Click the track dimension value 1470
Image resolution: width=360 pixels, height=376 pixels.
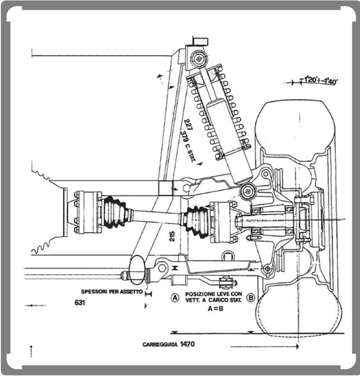click(187, 344)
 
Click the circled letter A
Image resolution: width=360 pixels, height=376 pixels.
click(174, 298)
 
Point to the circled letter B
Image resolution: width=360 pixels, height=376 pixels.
click(250, 298)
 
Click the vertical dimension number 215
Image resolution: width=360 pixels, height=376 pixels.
click(172, 236)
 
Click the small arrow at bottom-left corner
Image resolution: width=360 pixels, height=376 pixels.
click(31, 350)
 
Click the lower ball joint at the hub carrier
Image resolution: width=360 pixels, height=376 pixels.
click(267, 269)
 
